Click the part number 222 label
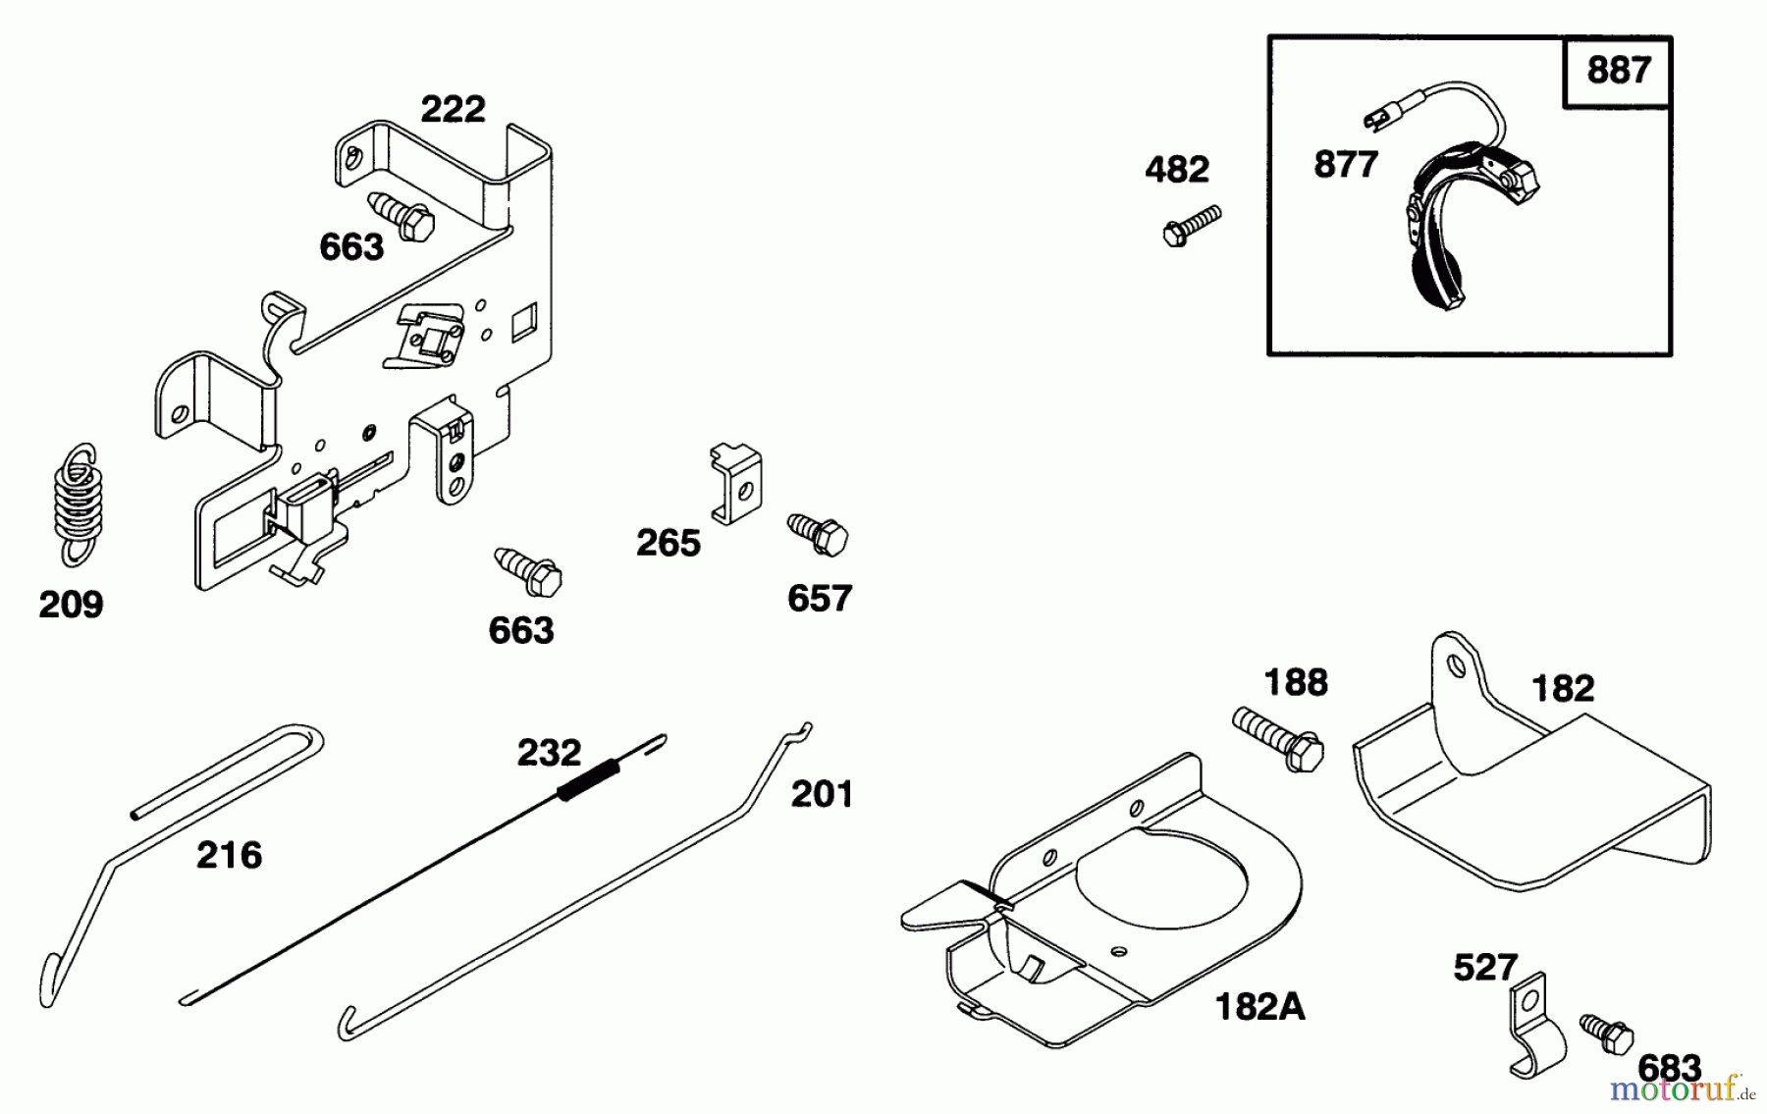click(453, 109)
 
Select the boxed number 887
click(1618, 71)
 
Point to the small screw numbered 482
click(1191, 225)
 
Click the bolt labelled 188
click(1279, 740)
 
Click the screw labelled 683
click(1608, 1034)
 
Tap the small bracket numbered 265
click(735, 483)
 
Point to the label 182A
click(1259, 1008)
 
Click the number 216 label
click(229, 856)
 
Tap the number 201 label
click(822, 794)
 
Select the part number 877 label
click(1346, 165)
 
